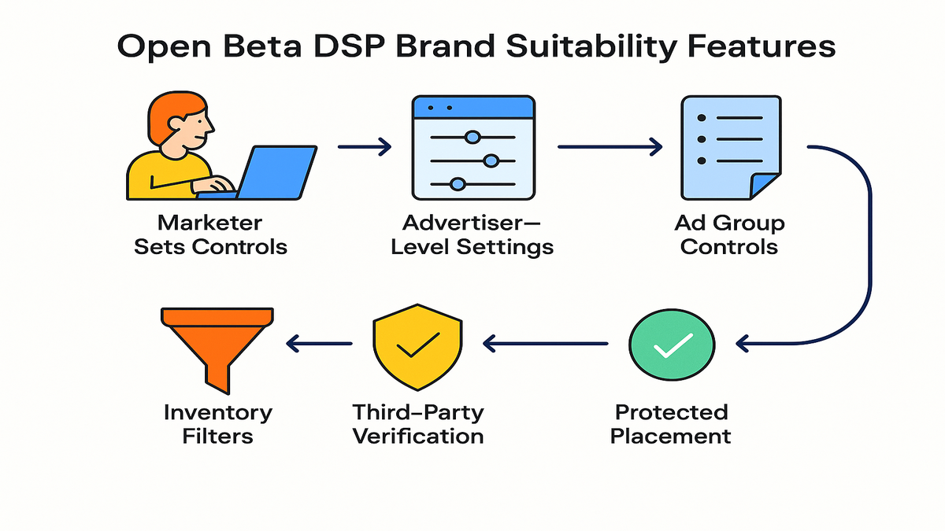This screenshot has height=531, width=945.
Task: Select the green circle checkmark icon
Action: tap(672, 345)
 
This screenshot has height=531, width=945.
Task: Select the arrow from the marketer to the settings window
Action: tap(364, 146)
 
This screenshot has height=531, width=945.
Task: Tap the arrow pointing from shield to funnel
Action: tap(319, 343)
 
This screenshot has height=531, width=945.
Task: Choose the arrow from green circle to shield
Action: tap(546, 343)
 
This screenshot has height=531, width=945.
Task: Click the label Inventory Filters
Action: tap(218, 423)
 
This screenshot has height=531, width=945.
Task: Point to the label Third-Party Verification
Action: tap(417, 423)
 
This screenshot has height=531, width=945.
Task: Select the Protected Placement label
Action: tap(671, 423)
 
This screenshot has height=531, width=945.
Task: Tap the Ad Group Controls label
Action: tap(729, 234)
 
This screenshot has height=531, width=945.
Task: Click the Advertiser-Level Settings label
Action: tap(472, 234)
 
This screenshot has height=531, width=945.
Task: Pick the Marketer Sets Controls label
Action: tap(210, 234)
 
